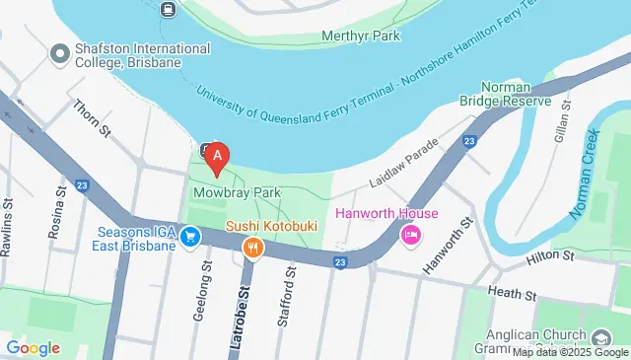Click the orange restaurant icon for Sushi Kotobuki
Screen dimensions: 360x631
point(252,248)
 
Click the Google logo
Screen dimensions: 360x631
point(33,347)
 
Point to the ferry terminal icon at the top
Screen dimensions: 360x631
point(169,9)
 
